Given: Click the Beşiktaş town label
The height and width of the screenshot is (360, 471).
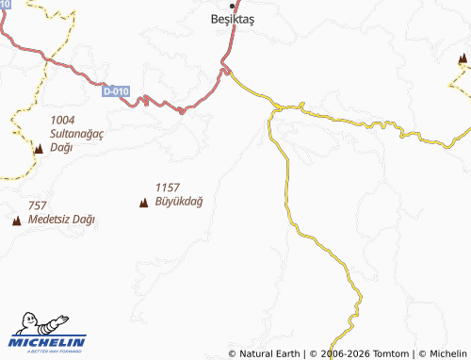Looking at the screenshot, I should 232,18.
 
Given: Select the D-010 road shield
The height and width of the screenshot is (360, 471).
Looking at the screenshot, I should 116,91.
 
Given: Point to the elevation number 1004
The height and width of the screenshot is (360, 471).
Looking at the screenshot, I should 62,120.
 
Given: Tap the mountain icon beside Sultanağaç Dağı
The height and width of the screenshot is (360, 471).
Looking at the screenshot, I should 38,149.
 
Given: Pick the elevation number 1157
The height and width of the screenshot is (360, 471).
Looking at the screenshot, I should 168,188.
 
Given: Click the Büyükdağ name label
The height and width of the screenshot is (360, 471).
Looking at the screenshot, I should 179,201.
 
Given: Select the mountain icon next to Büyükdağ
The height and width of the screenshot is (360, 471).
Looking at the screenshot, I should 143,202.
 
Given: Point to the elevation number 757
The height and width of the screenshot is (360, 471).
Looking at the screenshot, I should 38,205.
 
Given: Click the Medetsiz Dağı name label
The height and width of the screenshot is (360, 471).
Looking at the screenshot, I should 62,220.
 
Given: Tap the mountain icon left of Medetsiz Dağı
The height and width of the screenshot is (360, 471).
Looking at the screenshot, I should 16,221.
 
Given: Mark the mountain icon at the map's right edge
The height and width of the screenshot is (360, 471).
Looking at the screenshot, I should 462,59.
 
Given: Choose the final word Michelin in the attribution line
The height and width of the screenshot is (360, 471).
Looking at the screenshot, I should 448,353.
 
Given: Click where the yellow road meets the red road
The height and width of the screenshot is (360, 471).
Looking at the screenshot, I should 226,70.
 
